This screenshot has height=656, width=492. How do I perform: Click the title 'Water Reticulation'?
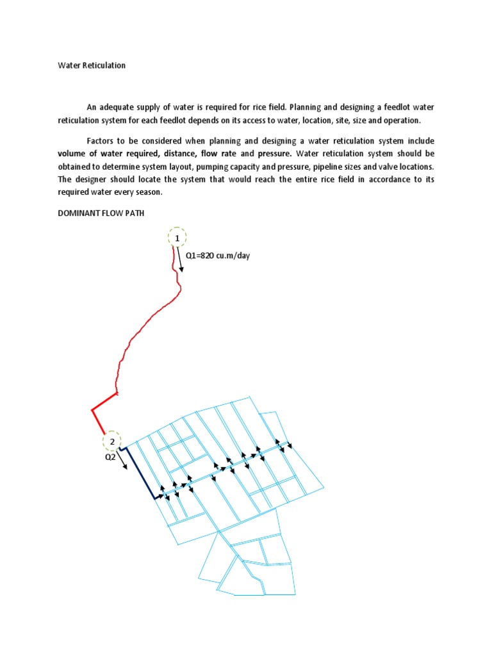click(92, 65)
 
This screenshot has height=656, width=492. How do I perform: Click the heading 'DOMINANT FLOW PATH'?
click(101, 214)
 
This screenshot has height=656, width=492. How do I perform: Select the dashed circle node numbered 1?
click(174, 238)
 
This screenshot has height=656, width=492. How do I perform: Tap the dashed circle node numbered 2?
click(112, 441)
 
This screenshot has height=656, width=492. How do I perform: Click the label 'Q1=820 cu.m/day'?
click(217, 256)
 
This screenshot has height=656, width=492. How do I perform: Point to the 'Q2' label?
click(110, 457)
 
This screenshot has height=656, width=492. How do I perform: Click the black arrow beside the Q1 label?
click(180, 260)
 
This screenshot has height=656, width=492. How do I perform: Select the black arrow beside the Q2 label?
click(122, 459)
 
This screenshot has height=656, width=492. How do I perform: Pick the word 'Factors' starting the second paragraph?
click(101, 140)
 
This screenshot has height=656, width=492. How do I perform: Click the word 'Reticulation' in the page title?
click(103, 65)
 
